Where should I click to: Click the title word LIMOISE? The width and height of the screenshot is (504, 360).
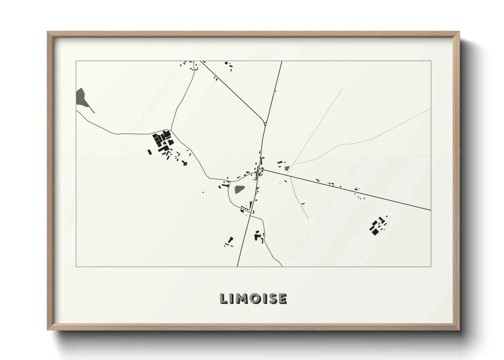click(x=253, y=298)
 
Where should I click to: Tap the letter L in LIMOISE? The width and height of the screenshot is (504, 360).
click(x=224, y=298)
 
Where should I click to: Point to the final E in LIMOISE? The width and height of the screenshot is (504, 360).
click(x=282, y=298)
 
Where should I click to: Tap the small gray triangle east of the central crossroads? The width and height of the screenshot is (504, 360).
click(x=287, y=168)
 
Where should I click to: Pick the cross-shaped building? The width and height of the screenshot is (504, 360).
click(x=185, y=163)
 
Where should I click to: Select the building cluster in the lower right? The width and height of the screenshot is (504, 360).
click(x=377, y=226)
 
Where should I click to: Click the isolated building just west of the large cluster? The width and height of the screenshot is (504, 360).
click(x=149, y=152)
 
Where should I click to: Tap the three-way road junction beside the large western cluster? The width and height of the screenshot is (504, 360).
click(x=171, y=130)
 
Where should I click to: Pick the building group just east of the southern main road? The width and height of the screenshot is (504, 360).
click(x=259, y=236)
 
